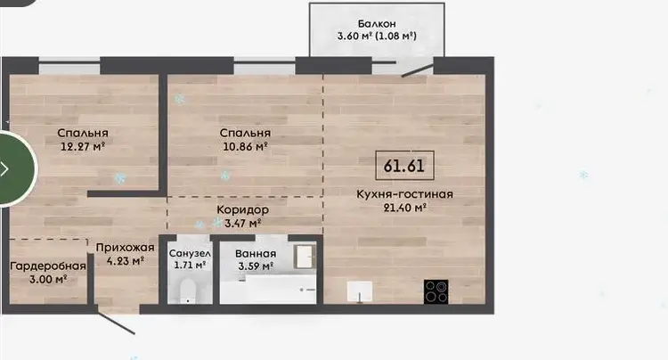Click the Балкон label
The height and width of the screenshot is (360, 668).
[377, 23]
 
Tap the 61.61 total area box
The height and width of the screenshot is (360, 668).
[404, 166]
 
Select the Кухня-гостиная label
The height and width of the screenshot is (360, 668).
[404, 194]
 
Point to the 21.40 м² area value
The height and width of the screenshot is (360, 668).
[405, 208]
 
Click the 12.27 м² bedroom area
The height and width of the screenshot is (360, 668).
[83, 147]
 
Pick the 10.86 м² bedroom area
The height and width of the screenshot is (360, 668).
[246, 147]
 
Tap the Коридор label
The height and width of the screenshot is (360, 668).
[243, 209]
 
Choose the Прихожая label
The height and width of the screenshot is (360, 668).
[125, 248]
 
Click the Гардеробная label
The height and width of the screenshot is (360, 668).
[48, 266]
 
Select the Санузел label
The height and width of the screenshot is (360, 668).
[190, 253]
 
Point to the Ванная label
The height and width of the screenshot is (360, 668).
[256, 253]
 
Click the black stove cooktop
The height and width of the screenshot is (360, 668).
[436, 292]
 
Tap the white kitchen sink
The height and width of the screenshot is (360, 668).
[360, 291]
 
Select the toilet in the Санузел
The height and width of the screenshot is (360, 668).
[188, 291]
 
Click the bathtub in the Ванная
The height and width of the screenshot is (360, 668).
[268, 290]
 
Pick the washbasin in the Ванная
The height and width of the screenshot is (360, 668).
[305, 257]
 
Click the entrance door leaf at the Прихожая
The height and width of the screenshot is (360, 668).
[116, 321]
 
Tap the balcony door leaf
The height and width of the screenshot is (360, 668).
[418, 70]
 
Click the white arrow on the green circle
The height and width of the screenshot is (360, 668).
[4, 168]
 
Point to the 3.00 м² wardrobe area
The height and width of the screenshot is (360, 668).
[48, 280]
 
